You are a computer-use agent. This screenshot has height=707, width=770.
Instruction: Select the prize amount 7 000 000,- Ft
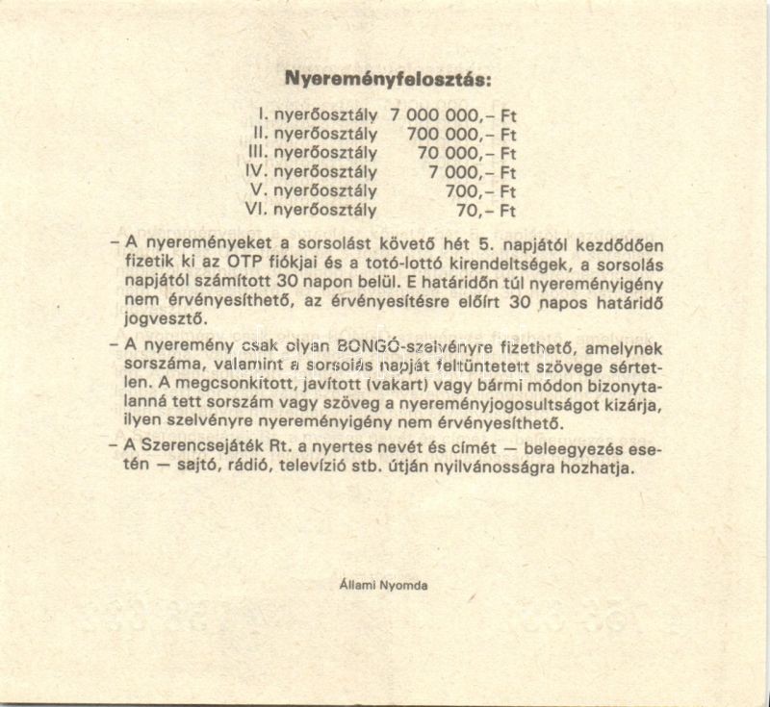coord(453,114)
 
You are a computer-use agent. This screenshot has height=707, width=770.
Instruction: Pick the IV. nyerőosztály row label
coord(312,171)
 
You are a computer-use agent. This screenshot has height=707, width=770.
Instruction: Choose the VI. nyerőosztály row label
coord(312,209)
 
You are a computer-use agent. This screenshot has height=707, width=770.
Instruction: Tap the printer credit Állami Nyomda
coord(384,584)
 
